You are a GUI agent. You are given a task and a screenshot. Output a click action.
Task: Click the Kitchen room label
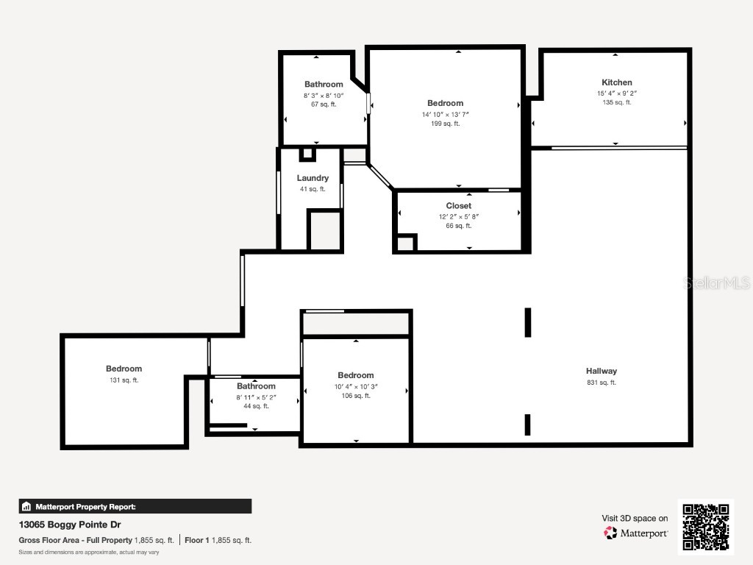pyautogui.click(x=616, y=82)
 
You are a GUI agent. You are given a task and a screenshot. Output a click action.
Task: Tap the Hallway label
pyautogui.click(x=601, y=372)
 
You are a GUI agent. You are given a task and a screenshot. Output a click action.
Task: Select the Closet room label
pyautogui.click(x=458, y=206)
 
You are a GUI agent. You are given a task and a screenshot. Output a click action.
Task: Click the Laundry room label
pyautogui.click(x=313, y=178)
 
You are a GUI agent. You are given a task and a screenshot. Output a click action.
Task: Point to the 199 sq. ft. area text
pyautogui.click(x=445, y=124)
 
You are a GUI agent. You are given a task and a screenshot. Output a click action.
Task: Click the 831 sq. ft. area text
pyautogui.click(x=601, y=383)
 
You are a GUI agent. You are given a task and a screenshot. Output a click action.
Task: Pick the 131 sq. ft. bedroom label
pyautogui.click(x=124, y=369)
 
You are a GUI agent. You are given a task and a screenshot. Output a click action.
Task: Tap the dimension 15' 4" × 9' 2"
pyautogui.click(x=616, y=93)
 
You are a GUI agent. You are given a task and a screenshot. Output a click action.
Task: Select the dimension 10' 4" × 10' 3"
pyautogui.click(x=355, y=386)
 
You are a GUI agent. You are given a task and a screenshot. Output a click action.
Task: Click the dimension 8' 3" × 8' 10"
pyautogui.click(x=324, y=96)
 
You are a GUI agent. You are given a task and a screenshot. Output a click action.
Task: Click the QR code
pyautogui.click(x=705, y=526)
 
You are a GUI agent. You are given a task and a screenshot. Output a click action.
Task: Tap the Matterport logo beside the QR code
pyautogui.click(x=636, y=533)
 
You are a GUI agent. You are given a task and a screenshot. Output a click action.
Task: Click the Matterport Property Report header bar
pyautogui.click(x=135, y=506)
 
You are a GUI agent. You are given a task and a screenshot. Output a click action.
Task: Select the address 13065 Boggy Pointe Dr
pyautogui.click(x=69, y=525)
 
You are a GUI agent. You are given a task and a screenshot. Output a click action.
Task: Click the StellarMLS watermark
pyautogui.click(x=716, y=282)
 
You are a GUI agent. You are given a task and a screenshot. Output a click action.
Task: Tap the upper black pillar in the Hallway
pyautogui.click(x=527, y=322)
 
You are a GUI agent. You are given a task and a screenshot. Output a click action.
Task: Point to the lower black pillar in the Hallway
pyautogui.click(x=527, y=424)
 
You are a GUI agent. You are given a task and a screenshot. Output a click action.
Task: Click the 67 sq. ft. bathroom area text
pyautogui.click(x=324, y=104)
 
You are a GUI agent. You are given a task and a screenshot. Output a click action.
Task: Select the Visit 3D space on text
pyautogui.click(x=635, y=519)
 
